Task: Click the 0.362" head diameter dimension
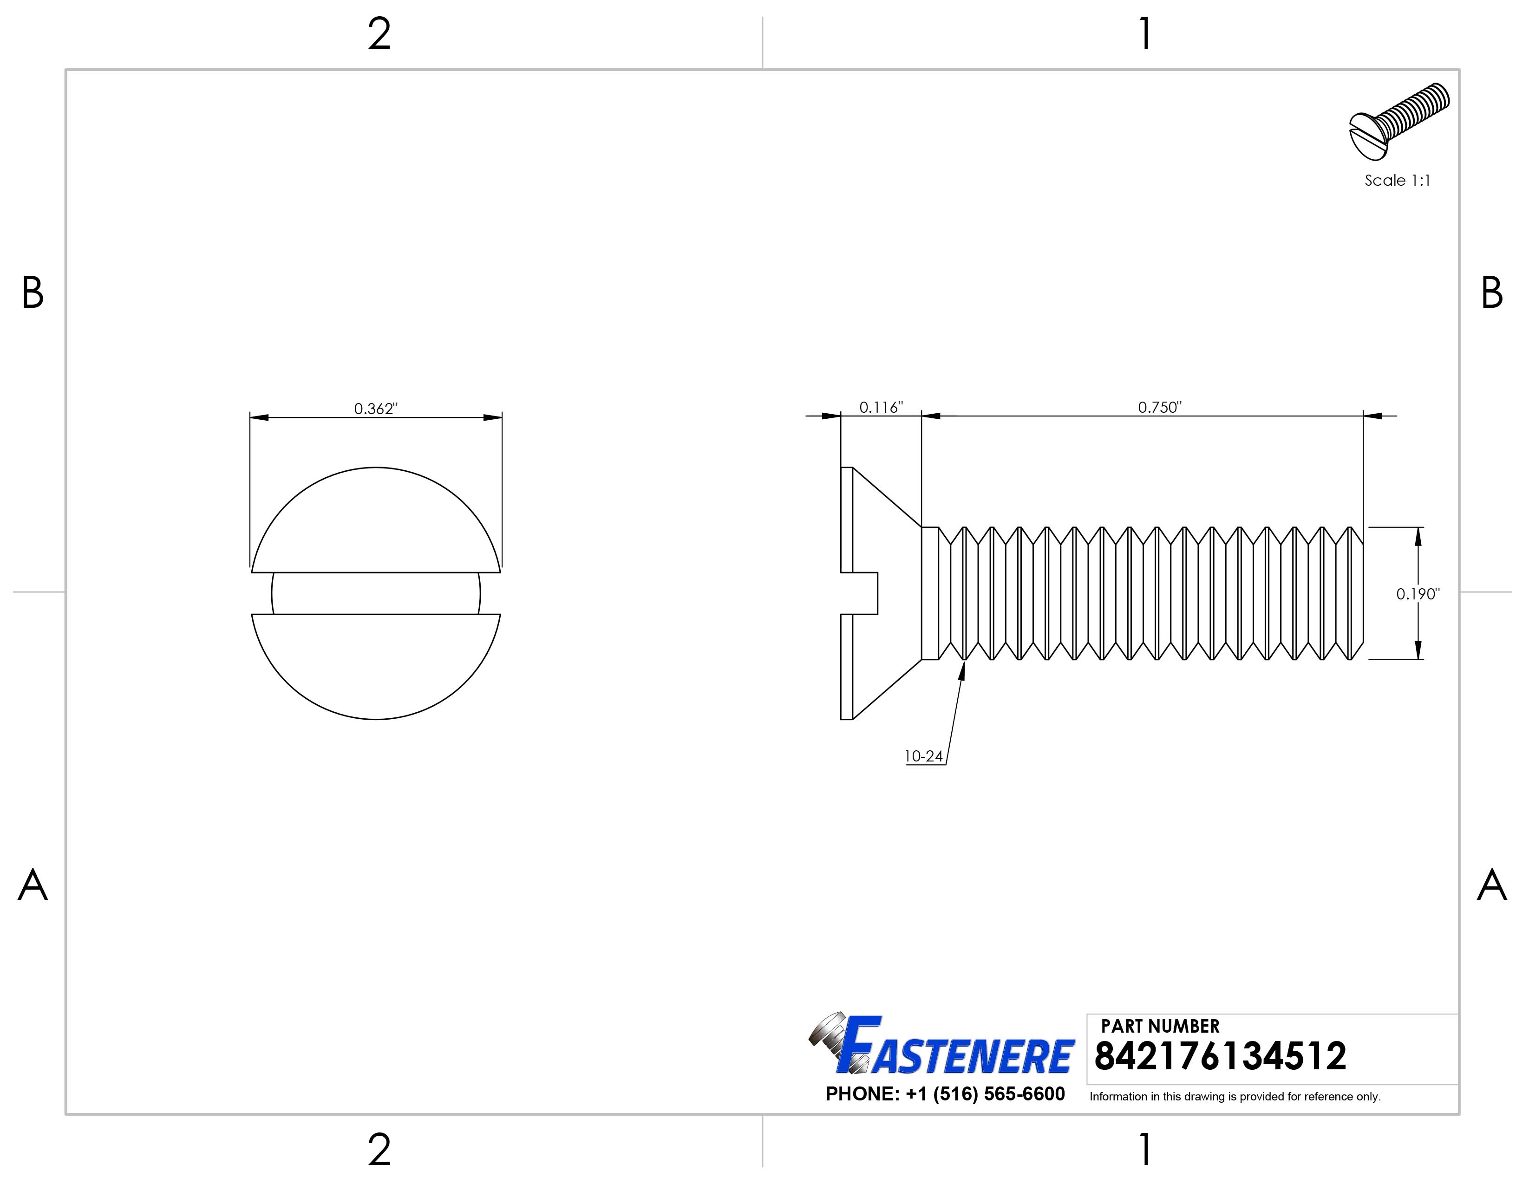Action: point(375,409)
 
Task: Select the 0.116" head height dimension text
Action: point(881,407)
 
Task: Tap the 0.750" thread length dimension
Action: point(1159,407)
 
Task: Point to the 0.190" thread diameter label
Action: point(1418,594)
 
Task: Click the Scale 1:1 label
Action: point(1397,181)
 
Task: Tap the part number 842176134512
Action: point(1220,1057)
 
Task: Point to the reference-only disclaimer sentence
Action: point(1234,1097)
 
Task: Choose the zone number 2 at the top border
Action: point(379,34)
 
